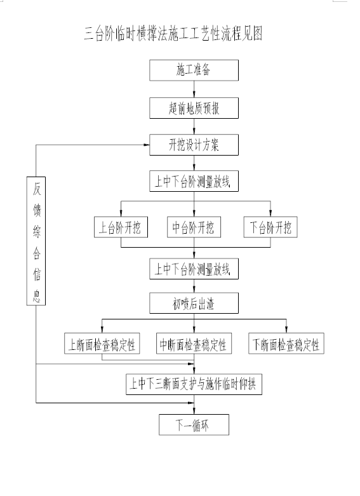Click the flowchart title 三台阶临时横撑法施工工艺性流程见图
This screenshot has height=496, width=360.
[x=173, y=34]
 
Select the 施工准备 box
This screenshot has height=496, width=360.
[x=194, y=70]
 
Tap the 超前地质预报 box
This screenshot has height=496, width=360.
[x=194, y=108]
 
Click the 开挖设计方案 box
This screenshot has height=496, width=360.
[x=194, y=145]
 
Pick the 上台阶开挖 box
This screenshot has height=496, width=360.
[x=121, y=227]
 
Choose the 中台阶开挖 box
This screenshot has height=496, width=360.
[x=194, y=227]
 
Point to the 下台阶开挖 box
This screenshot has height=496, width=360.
[x=270, y=227]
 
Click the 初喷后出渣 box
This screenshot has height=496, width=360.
[x=194, y=303]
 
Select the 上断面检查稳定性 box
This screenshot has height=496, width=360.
[x=102, y=344]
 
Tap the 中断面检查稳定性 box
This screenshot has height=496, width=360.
[x=194, y=344]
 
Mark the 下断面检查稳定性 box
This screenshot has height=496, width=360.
[x=286, y=344]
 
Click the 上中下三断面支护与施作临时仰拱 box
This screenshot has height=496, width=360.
[x=194, y=384]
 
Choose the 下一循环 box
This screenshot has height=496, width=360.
[x=194, y=425]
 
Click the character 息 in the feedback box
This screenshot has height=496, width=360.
[x=37, y=295]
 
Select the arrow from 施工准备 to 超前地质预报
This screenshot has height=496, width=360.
[x=194, y=89]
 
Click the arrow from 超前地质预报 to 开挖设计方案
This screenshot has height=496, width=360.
[x=194, y=126]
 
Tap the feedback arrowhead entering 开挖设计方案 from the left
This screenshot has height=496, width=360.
[x=147, y=145]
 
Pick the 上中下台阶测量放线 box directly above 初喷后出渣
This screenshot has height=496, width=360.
[x=194, y=269]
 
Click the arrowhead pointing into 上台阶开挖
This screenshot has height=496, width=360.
[x=121, y=213]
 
